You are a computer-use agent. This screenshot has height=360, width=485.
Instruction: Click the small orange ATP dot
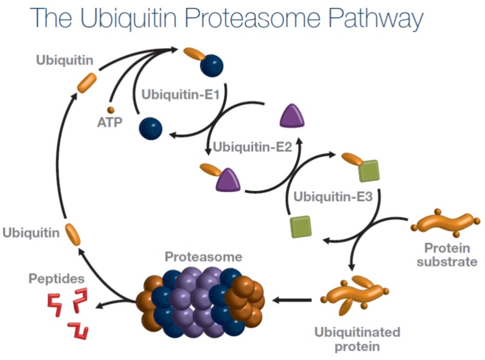(x=110, y=110)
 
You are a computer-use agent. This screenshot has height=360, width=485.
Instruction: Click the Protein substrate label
(x=446, y=256)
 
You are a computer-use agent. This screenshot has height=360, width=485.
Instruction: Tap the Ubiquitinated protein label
(x=357, y=339)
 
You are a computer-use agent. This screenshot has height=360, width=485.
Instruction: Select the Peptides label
(x=53, y=278)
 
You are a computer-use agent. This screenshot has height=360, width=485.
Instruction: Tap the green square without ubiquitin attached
(x=301, y=226)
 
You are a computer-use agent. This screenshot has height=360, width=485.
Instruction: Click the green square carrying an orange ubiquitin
(x=368, y=170)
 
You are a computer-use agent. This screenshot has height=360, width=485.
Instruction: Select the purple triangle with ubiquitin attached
(x=228, y=179)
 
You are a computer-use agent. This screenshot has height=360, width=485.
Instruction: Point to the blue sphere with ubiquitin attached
(x=211, y=65)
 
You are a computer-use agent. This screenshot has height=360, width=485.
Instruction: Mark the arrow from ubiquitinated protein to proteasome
(x=292, y=300)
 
